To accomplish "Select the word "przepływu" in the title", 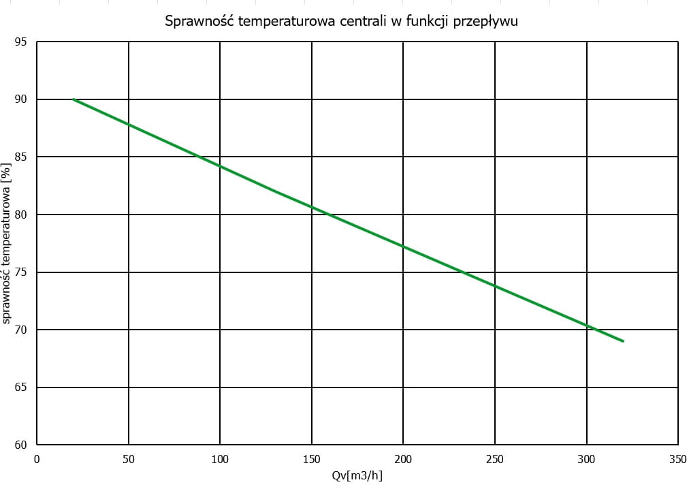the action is (x=485, y=22).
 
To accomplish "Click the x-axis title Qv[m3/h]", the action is (x=357, y=475).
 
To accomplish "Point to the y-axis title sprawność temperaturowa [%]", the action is (x=6, y=244).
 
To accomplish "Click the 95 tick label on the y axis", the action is (x=20, y=42).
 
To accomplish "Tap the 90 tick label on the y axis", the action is (x=20, y=99).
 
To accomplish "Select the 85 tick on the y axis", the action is (x=20, y=157).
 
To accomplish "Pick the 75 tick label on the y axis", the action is (x=20, y=272).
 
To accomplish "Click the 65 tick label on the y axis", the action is (x=20, y=387).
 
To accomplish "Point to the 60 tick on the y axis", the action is (x=20, y=445).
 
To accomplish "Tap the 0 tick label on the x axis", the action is (x=37, y=460).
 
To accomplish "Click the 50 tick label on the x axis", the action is (x=128, y=460).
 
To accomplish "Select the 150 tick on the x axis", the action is (x=312, y=460).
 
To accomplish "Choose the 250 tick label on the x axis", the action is (x=495, y=460).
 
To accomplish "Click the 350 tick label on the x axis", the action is (x=677, y=460).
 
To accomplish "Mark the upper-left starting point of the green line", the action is (x=74, y=99).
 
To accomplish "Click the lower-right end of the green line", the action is (x=623, y=341).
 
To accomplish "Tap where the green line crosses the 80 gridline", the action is (x=330, y=215).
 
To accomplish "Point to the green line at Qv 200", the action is (x=403, y=247).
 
